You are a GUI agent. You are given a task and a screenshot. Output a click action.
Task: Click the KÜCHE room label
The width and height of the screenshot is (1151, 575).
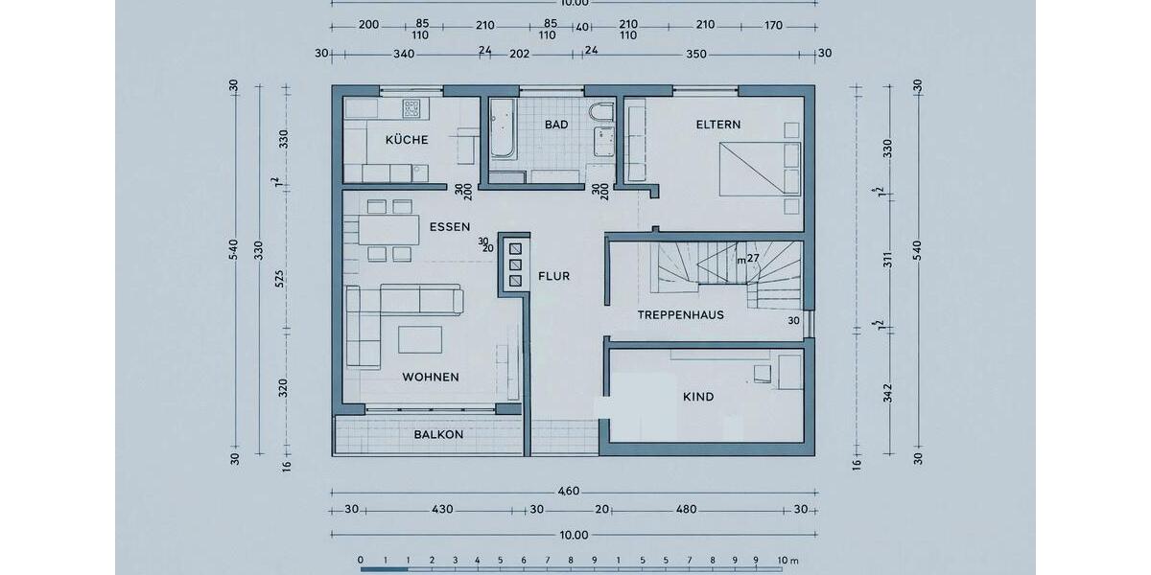click(x=407, y=140)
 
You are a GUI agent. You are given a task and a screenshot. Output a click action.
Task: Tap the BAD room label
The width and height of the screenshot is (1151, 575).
click(x=556, y=125)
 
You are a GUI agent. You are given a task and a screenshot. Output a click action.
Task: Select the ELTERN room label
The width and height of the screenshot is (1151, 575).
click(x=717, y=125)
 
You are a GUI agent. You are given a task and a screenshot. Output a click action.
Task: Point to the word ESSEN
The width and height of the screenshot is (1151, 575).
click(x=450, y=227)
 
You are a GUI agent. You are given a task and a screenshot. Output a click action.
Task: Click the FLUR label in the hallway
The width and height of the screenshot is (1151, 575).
click(x=553, y=276)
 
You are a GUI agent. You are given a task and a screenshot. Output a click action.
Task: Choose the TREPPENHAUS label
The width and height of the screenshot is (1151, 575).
click(x=680, y=314)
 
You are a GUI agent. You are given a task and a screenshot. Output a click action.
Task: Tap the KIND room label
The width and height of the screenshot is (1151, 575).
click(x=698, y=397)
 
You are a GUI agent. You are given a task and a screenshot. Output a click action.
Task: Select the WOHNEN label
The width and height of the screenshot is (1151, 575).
click(x=431, y=377)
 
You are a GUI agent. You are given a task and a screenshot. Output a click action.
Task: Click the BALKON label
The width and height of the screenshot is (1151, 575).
click(x=438, y=434)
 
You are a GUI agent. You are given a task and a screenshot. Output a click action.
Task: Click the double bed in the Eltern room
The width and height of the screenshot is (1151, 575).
click(x=758, y=168)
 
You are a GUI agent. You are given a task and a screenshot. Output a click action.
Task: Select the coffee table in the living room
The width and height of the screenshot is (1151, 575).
click(x=420, y=339)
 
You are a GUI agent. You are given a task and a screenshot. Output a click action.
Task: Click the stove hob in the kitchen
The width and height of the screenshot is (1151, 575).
click(x=412, y=106)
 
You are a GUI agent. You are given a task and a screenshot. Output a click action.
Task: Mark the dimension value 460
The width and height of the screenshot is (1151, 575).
click(x=569, y=492)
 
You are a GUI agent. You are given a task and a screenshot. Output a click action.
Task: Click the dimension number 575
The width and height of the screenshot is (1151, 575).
click(x=280, y=278)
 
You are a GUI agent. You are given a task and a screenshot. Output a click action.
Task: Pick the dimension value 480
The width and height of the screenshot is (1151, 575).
click(x=686, y=510)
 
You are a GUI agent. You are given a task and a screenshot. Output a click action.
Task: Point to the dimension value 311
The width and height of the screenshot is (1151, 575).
click(x=887, y=259)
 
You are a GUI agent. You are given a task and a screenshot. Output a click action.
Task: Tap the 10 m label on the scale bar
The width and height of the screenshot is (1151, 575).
click(x=788, y=560)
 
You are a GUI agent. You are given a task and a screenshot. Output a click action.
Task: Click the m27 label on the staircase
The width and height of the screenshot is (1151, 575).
click(x=747, y=259)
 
